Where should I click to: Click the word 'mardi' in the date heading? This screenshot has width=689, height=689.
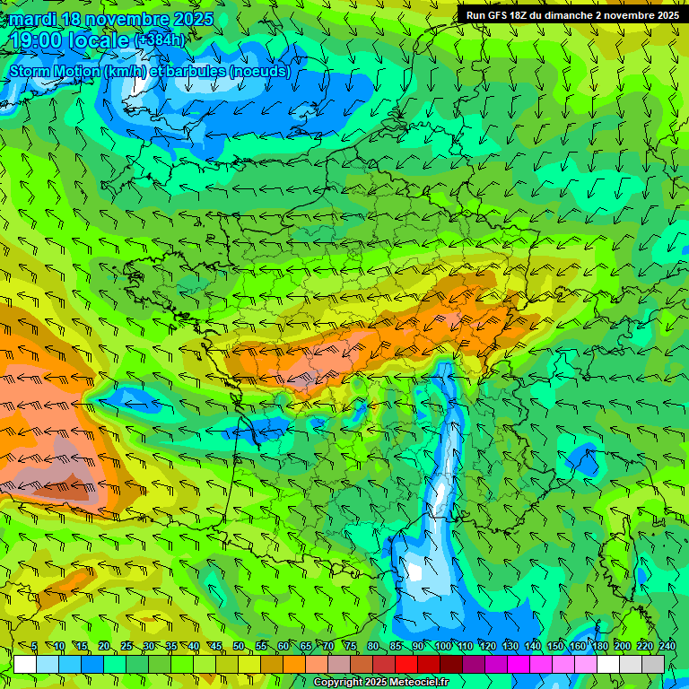[32, 19]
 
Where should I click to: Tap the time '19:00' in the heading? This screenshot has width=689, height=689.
[37, 39]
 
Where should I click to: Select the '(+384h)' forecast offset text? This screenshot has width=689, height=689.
[159, 39]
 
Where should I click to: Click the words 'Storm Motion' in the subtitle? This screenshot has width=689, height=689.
[53, 71]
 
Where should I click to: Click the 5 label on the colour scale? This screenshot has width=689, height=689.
[34, 647]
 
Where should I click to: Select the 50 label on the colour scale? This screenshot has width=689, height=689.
[239, 647]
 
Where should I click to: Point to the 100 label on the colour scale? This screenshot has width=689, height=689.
[442, 647]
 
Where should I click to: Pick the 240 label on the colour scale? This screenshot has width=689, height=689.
[667, 647]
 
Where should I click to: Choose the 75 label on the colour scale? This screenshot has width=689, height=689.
[351, 647]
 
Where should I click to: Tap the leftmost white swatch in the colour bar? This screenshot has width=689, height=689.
[25, 664]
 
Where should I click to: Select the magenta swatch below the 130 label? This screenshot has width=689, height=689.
[519, 664]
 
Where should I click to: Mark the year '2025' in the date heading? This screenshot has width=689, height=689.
[192, 19]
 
